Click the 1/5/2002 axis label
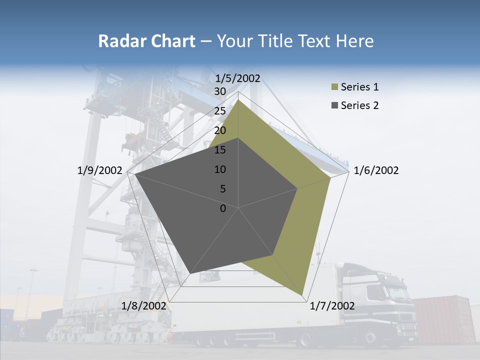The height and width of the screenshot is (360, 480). coord(238,78)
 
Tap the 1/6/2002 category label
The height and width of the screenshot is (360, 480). coord(376,170)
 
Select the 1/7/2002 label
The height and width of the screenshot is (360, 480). coord(332,306)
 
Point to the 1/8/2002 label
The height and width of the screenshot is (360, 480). coord(143,306)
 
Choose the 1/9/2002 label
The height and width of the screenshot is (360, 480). coord(100,170)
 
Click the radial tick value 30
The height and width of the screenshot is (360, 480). coord(220,91)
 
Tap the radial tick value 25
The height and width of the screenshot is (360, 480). coord(220,111)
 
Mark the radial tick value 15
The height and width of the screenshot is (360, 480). coord(220,150)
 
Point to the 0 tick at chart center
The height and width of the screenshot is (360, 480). coord(223,208)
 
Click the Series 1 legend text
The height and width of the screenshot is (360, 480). coord(359,87)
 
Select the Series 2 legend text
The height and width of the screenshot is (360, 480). coord(359,105)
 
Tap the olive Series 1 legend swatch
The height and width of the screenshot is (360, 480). coord(334,87)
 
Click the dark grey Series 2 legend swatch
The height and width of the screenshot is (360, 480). coord(334,105)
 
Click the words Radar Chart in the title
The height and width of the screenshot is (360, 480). coord(146,41)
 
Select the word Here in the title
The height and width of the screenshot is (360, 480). coord(354,41)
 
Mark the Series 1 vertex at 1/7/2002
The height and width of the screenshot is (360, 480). coord(302,294)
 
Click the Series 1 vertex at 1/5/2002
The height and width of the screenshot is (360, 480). coord(238,99)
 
